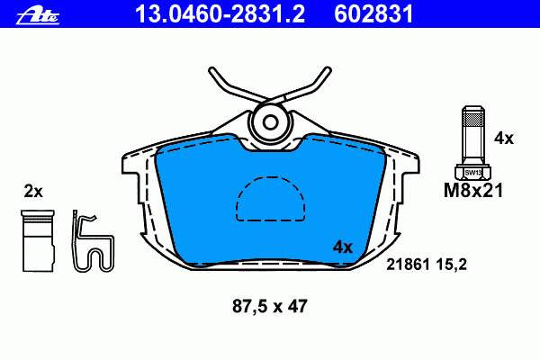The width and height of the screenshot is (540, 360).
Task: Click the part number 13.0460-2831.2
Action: pyautogui.click(x=220, y=13)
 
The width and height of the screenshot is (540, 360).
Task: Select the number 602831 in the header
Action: pyautogui.click(x=373, y=13)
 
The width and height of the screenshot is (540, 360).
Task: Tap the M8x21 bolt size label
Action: pyautogui.click(x=473, y=191)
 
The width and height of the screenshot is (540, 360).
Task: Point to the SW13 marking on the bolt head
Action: pyautogui.click(x=473, y=173)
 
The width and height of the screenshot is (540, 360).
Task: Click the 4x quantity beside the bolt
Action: pyautogui.click(x=503, y=139)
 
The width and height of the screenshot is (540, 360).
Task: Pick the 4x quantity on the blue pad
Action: pyautogui.click(x=343, y=247)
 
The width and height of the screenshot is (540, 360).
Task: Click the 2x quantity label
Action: pyautogui.click(x=33, y=192)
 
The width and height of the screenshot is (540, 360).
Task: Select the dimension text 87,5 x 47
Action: pyautogui.click(x=270, y=306)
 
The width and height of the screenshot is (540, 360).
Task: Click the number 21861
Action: pyautogui.click(x=408, y=265)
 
